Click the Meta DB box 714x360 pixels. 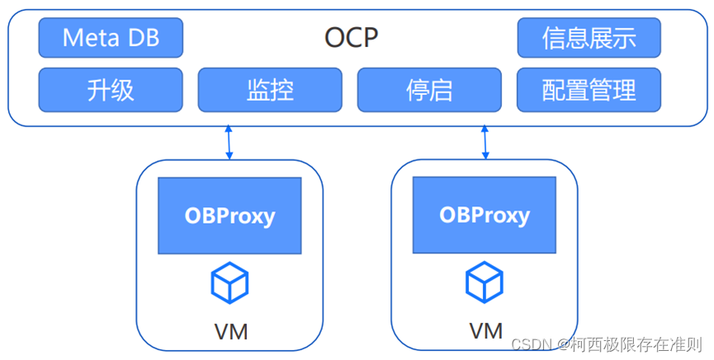point(111,38)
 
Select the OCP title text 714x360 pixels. point(351,38)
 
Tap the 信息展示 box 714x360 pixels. point(589,38)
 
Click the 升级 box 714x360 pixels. point(111,89)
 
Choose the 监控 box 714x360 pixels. point(270,89)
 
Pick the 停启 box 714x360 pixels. point(429,89)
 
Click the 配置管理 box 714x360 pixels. point(589,89)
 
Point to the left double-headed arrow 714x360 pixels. point(230,142)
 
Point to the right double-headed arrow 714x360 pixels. point(485,142)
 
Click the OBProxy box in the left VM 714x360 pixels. point(229,216)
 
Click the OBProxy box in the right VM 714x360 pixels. point(485,216)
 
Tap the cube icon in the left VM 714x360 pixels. point(229,282)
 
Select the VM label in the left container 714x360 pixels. point(230,332)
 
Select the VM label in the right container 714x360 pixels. point(486,331)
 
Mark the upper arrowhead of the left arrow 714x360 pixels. point(230,130)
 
